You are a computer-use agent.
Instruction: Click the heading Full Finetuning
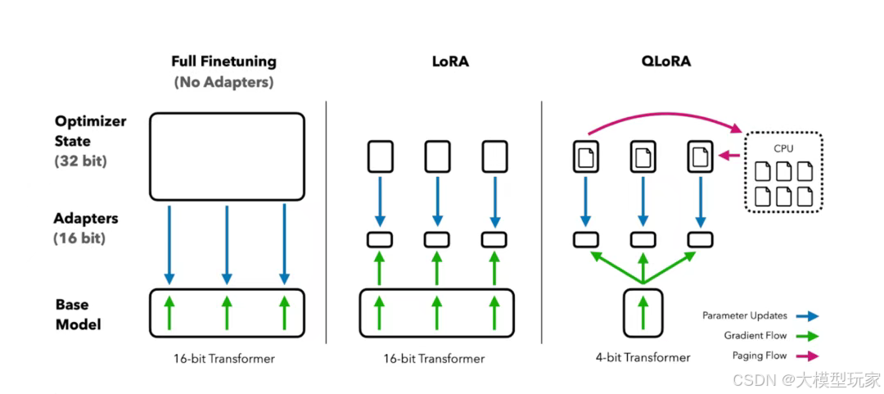tap(223, 61)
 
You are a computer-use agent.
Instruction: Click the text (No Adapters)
tap(223, 82)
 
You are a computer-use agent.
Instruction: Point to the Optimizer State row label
tap(90, 131)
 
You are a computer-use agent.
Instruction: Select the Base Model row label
tap(79, 315)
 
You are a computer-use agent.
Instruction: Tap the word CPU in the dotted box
tap(783, 149)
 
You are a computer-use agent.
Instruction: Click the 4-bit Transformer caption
tap(643, 357)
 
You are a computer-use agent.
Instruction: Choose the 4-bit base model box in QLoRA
tap(643, 312)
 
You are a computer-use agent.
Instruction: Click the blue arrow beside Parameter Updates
tap(807, 315)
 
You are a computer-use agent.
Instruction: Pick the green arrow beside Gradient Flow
tap(807, 336)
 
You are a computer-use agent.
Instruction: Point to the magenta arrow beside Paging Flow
tap(807, 356)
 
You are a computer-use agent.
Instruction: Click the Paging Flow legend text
tap(760, 356)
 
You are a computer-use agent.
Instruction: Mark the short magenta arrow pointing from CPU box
tap(728, 156)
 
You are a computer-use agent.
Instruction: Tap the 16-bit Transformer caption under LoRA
tap(434, 358)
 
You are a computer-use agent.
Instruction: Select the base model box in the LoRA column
tap(437, 312)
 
